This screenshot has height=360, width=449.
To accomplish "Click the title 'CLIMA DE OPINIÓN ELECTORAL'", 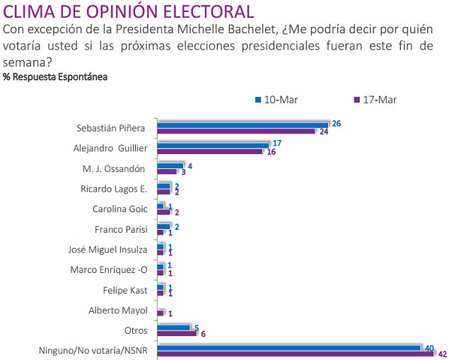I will tap(129, 12).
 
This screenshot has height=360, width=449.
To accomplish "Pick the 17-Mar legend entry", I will tap(374, 99).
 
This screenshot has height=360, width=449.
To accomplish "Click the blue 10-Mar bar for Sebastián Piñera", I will tap(243, 124).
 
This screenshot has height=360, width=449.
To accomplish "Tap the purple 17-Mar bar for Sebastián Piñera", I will tap(236, 131).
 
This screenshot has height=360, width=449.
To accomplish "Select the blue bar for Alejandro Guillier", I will tap(213, 145).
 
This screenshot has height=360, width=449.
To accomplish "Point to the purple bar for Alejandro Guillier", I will tap(210, 151).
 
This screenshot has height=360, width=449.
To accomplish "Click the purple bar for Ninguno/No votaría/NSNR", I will tap(294, 354).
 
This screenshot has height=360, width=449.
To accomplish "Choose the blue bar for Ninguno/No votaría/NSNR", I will tap(288, 347).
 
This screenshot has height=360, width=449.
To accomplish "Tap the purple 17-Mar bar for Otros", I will tap(177, 333).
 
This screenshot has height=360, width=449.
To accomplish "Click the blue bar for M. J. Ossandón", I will tap(170, 166).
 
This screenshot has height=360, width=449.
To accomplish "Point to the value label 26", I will tap(337, 124).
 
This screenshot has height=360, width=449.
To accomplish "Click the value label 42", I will tap(443, 354).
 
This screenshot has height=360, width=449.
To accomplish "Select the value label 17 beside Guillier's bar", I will tap(277, 144).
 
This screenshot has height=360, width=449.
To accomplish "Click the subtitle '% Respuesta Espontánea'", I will tap(55, 76).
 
